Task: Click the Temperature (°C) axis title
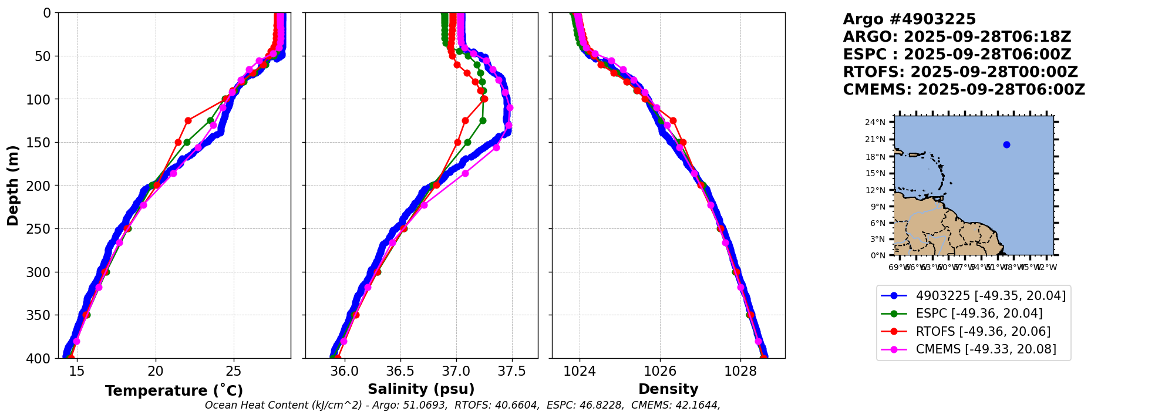click(174, 390)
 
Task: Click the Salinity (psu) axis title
click(421, 389)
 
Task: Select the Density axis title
click(668, 389)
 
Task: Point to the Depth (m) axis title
click(13, 186)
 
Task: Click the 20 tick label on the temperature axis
click(156, 372)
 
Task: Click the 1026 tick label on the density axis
click(660, 372)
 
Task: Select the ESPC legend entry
click(979, 313)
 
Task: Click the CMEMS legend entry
click(986, 349)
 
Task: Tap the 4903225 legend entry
click(991, 296)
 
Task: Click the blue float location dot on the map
click(1006, 145)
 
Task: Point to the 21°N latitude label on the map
click(875, 140)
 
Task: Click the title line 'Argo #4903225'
click(909, 19)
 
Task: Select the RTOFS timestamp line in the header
click(960, 72)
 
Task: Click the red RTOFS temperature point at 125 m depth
click(188, 120)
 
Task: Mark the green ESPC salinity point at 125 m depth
click(483, 120)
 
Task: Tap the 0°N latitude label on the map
click(878, 255)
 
